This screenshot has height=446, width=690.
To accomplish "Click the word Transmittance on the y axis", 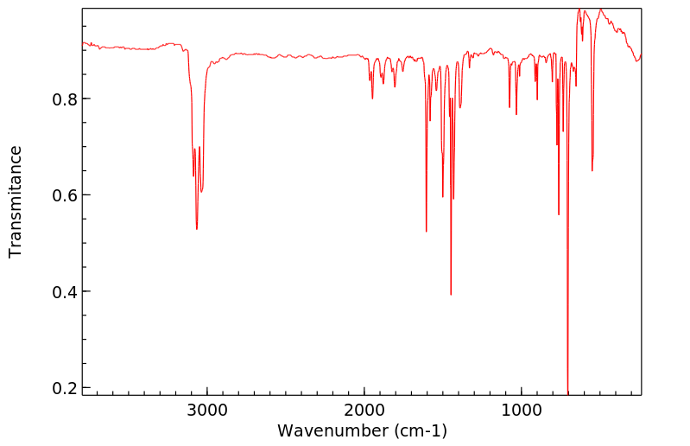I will pos(16,201).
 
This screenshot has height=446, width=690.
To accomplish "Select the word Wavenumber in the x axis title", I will pos(333,430).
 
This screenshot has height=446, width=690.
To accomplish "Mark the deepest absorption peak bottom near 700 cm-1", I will pos(568,392).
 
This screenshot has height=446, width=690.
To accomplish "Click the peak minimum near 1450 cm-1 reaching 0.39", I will pos(451,295).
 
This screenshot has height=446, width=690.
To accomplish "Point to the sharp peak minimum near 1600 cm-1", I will pos(427,231).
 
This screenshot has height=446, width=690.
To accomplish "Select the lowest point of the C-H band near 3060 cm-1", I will pos(197,229).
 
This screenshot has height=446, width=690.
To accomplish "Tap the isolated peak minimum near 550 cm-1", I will pos(592,170).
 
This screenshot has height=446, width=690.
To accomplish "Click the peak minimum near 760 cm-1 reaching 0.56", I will pos(559,214).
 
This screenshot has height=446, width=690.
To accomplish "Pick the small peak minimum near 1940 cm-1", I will pos(372,99).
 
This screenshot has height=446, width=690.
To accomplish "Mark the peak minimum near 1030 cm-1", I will pos(516,114).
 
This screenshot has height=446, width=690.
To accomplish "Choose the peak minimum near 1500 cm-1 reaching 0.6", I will pos(443,197).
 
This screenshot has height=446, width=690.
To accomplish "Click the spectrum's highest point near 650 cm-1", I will pos(579,10).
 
